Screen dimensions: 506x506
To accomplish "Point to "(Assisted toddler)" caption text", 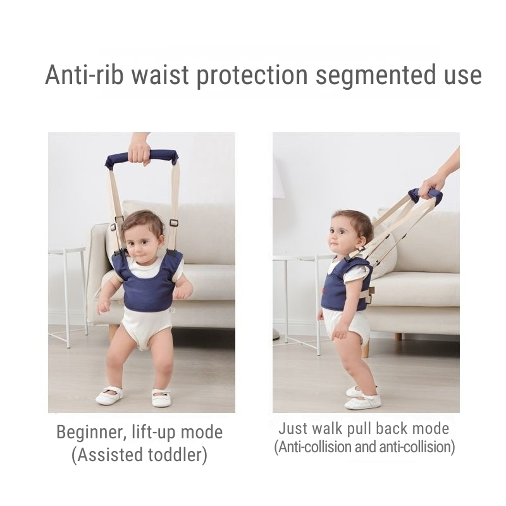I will tap(139, 454).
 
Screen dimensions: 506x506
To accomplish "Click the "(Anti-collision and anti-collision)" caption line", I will tap(364, 447).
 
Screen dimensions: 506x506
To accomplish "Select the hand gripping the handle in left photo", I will tap(139, 149).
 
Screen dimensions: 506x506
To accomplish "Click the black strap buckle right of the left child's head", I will tap(173, 223).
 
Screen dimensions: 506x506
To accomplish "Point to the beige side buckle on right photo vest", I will tap(370, 292).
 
